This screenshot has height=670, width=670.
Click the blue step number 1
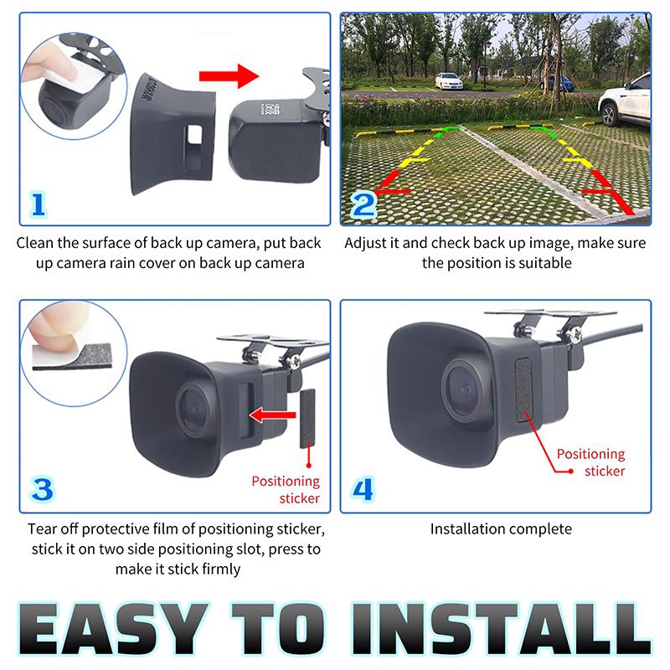click(x=38, y=204)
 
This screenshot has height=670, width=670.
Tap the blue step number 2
click(x=363, y=205)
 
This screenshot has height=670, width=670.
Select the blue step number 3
click(x=42, y=490)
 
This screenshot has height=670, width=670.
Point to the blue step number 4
click(x=363, y=490)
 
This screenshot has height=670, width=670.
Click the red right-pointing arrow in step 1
click(x=229, y=76)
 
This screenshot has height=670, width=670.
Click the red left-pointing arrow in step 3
click(x=272, y=415)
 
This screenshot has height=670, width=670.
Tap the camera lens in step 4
click(x=464, y=389)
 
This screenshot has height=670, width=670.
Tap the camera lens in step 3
click(x=195, y=410)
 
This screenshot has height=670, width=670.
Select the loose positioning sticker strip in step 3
click(x=307, y=418)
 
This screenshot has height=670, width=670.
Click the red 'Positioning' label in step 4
click(x=590, y=454)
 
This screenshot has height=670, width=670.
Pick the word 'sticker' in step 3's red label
click(x=300, y=498)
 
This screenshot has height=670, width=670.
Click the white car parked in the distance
click(x=448, y=80)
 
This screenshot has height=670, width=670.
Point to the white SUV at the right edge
click(x=625, y=100)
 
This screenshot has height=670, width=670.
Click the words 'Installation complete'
click(x=501, y=529)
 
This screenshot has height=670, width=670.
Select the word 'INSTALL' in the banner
click(x=501, y=628)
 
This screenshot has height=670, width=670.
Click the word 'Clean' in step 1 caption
click(x=35, y=243)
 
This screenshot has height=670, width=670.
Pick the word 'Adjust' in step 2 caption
click(x=366, y=243)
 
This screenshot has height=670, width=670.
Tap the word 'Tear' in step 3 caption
click(x=42, y=529)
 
